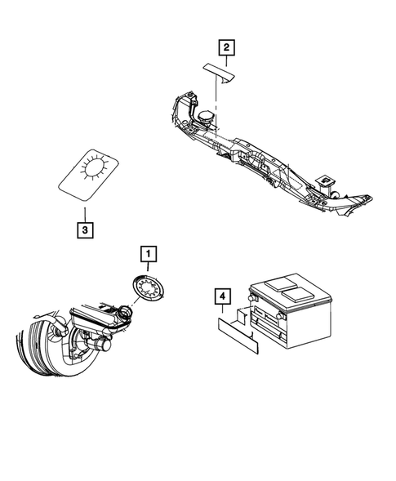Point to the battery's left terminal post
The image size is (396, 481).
256,301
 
